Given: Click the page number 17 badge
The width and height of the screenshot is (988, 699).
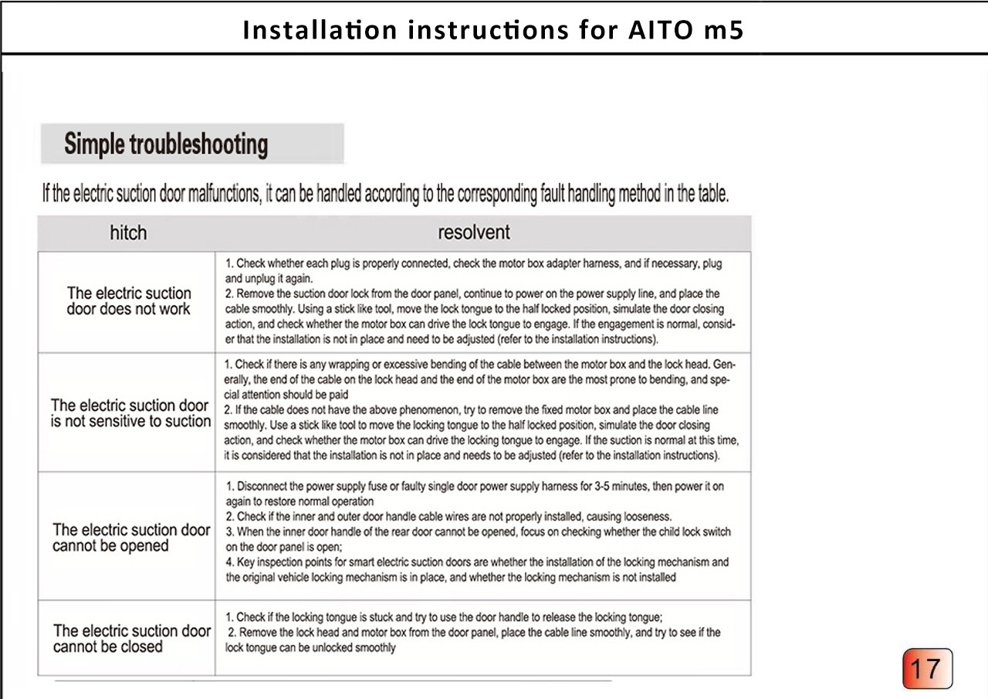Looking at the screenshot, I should tap(927, 669).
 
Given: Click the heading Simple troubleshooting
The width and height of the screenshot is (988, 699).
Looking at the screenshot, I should tap(166, 144).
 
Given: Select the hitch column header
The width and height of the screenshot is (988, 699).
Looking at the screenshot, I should tap(127, 232).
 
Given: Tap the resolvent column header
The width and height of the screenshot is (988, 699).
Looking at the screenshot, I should tap(474, 232).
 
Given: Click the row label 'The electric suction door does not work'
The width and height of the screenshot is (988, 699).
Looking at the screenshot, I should tap(128, 301).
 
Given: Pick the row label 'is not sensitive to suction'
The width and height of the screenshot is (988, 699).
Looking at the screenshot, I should tap(130, 422).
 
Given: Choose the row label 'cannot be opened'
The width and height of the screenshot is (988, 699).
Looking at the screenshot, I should tap(110, 546).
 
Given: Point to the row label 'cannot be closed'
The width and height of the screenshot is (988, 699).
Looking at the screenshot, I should tap(107, 647).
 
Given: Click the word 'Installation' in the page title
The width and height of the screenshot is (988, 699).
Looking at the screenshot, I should tap(320, 29).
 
